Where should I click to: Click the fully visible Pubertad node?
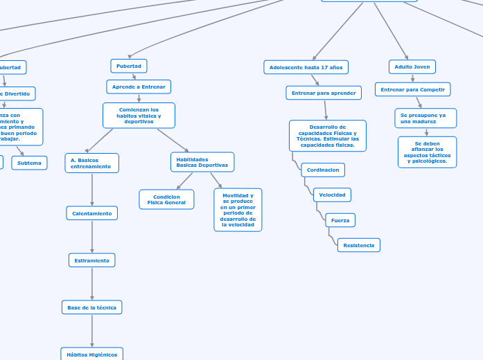pos(129,66)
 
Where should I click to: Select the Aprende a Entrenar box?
pos(139,87)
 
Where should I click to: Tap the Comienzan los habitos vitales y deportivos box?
pos(139,116)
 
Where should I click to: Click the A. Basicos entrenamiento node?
pos(91,163)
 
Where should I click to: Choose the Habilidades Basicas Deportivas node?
pos(202,162)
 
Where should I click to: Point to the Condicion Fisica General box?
pos(166,199)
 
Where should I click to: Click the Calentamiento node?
pos(92,213)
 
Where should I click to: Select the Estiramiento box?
pos(92,260)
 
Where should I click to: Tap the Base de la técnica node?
pos(92,307)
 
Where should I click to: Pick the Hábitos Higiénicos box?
pos(92,354)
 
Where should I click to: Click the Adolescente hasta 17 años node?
pos(306,67)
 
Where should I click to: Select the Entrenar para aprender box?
pos(324,93)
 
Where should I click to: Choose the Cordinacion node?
pos(323,170)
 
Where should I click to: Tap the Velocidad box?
pos(332,195)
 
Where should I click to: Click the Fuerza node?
pos(340,220)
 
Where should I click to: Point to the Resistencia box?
pos(359,245)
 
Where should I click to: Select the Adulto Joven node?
pos(412,66)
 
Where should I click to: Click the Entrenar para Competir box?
pos(413,89)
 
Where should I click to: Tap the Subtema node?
pos(29,163)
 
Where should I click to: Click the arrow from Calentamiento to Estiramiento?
pos(92,237)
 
